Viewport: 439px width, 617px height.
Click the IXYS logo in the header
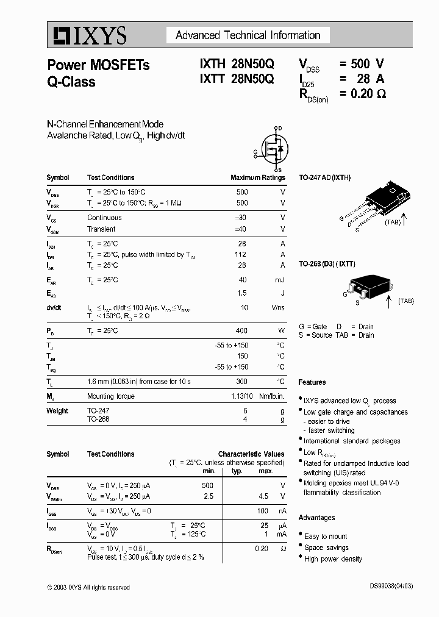(88, 35)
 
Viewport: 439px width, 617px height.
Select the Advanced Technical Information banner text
(248, 35)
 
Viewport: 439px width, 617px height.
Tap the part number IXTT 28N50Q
(237, 79)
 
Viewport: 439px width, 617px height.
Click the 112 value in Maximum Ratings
(241, 255)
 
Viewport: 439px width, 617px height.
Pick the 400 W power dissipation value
(241, 330)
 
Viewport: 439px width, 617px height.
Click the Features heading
(312, 382)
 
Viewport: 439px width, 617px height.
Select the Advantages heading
(316, 518)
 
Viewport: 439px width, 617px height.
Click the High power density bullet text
(333, 559)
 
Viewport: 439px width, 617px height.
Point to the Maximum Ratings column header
(257, 178)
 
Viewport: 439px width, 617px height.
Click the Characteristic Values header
(251, 454)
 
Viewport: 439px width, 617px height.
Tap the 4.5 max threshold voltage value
(263, 496)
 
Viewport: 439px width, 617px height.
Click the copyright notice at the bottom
(88, 587)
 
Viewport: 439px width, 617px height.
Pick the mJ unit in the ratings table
(279, 280)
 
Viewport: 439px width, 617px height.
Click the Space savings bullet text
(326, 547)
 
